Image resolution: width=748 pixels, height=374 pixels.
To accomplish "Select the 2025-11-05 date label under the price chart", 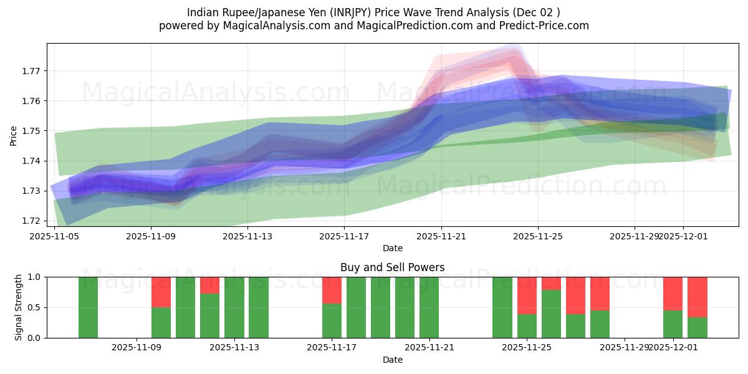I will point(54,236).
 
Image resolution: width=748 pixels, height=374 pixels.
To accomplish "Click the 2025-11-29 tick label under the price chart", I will point(635,236).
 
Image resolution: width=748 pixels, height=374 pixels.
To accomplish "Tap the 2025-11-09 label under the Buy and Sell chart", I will point(137,348).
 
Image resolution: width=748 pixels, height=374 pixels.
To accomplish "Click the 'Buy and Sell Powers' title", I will point(392,267).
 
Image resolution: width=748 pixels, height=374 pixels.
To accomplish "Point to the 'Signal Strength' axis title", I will point(19,307).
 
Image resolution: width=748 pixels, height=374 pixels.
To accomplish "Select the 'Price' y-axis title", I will point(14,135).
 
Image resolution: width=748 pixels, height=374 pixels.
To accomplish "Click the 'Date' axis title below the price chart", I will point(392,248).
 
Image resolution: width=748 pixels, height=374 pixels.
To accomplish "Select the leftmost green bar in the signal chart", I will point(89,307).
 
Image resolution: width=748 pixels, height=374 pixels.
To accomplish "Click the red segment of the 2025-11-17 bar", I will point(332,290).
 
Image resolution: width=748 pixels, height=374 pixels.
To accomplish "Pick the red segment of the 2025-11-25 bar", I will point(527,295).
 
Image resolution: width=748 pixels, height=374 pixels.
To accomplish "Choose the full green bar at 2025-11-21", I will point(429,307).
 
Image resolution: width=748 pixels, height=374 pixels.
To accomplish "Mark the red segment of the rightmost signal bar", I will point(697,297).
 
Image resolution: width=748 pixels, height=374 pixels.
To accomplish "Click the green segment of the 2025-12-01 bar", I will point(673,324).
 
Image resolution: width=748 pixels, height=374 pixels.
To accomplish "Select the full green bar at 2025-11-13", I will point(234,307).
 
